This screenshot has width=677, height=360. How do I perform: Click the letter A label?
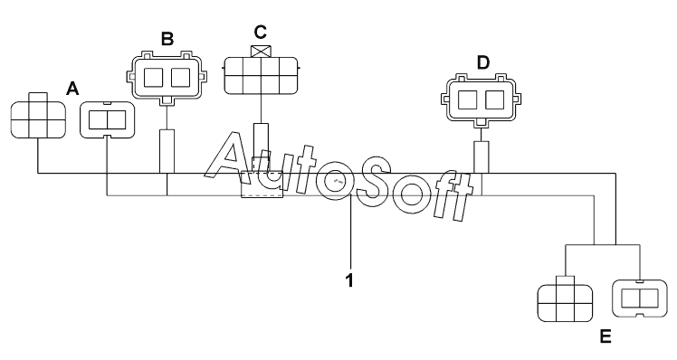(72, 89)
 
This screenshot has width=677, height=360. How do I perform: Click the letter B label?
(167, 39)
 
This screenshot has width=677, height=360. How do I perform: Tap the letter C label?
(261, 32)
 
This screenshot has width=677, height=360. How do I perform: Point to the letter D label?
(483, 63)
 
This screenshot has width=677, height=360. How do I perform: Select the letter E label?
(605, 336)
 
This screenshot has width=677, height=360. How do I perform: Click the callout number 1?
(349, 280)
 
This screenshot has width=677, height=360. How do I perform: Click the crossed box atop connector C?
(261, 52)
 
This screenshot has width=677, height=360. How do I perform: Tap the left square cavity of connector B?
(153, 78)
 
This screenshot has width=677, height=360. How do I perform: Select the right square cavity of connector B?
(180, 78)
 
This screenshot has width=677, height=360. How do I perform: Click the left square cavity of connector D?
(468, 99)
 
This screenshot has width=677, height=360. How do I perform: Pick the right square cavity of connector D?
(495, 99)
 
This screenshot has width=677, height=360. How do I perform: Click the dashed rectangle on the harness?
(262, 185)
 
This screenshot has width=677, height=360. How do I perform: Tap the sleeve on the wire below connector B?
(167, 151)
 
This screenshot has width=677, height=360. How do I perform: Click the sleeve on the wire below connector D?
(482, 157)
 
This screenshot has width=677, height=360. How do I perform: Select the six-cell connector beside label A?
(38, 116)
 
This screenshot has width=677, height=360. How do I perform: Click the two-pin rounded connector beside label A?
(108, 120)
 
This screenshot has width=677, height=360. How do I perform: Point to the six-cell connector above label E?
(565, 299)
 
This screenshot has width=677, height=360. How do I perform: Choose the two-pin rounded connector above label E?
(639, 298)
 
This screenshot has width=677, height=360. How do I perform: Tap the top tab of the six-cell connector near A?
(38, 97)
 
